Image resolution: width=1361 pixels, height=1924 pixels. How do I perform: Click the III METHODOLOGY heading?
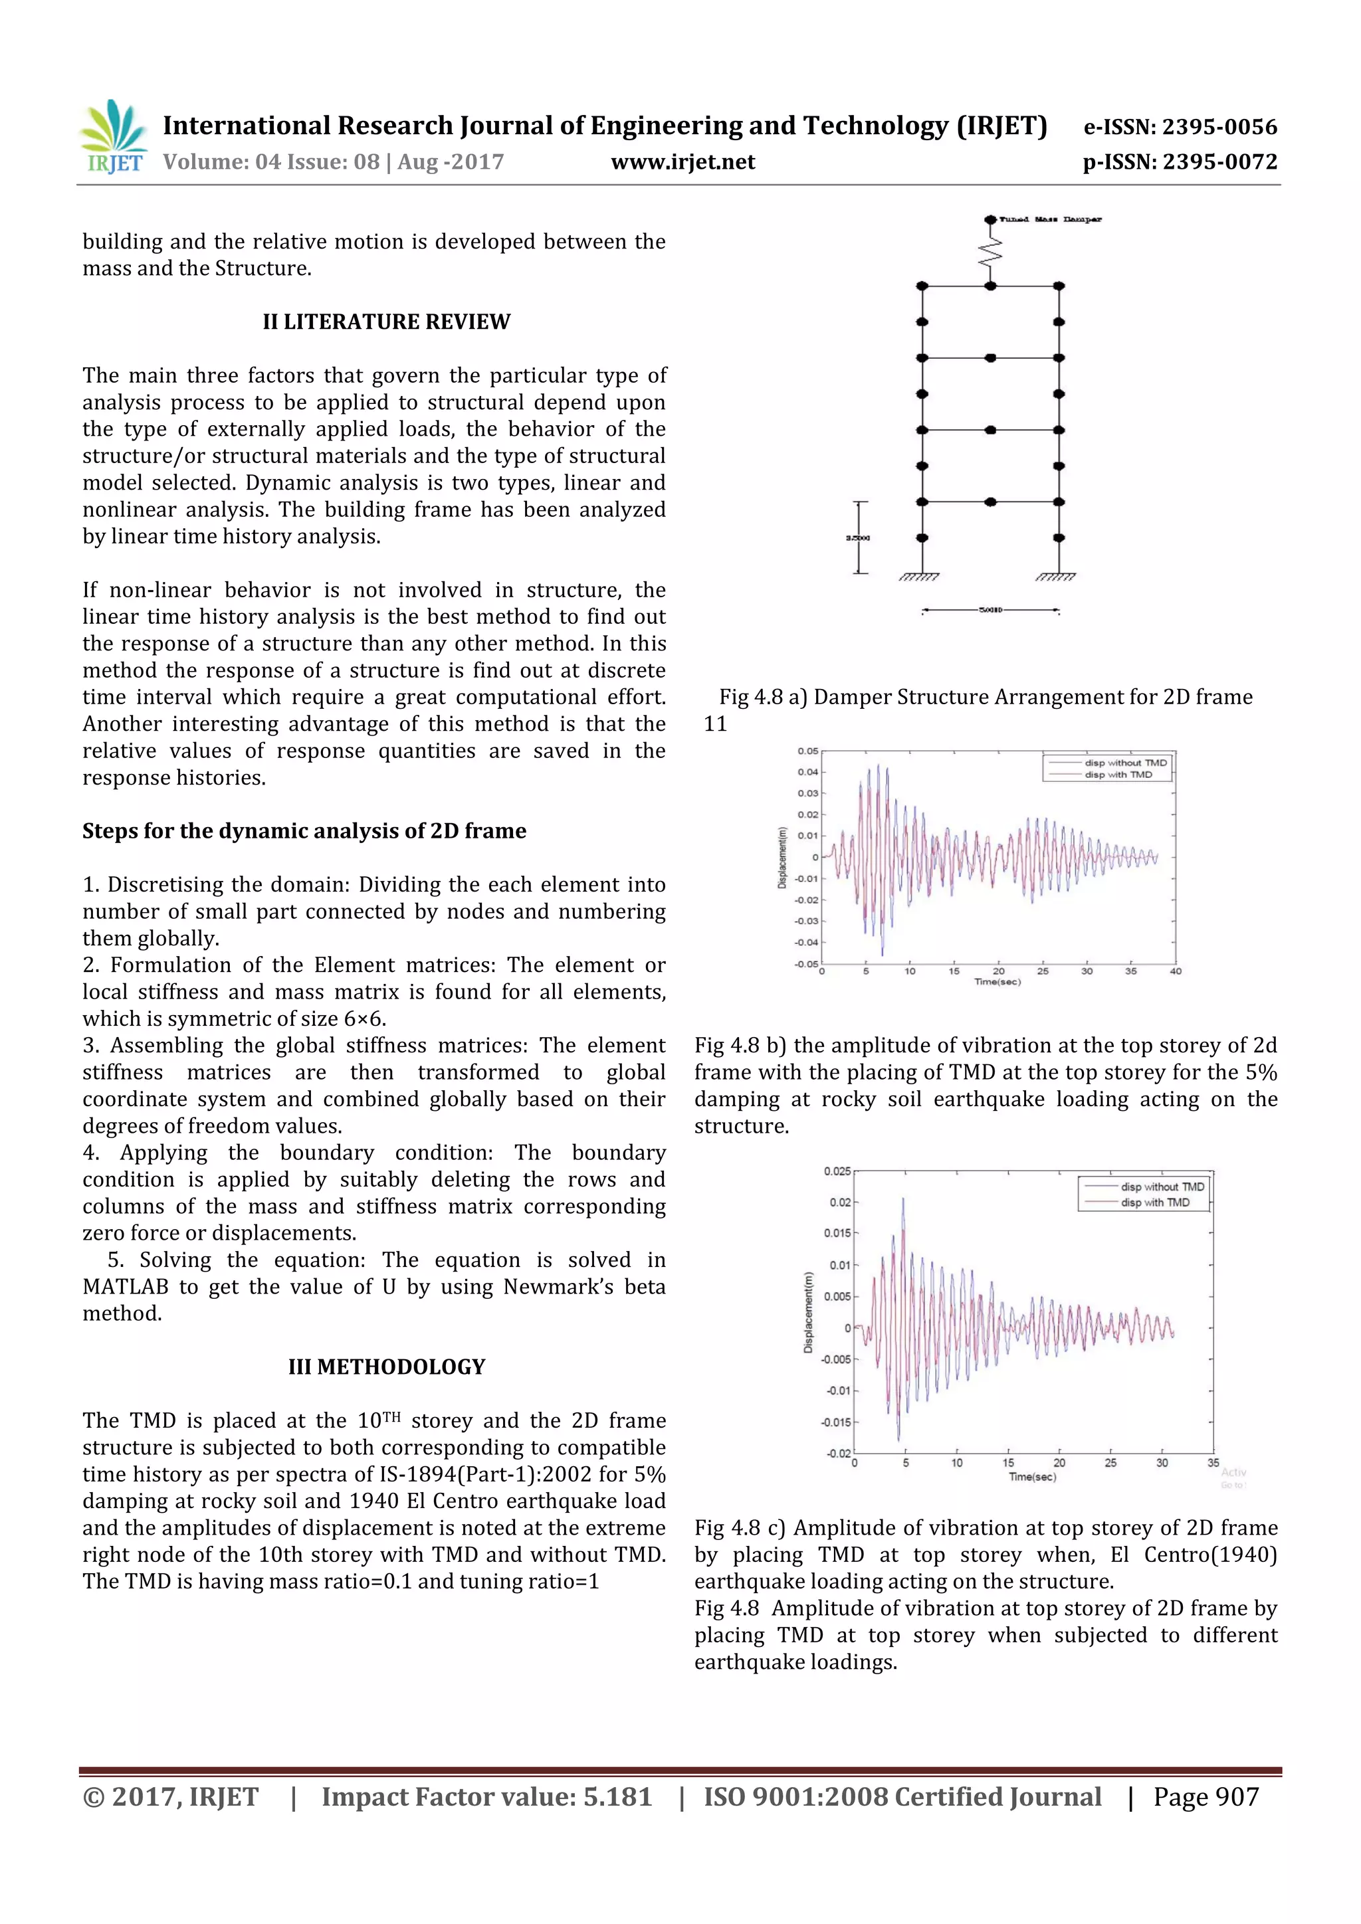click(x=386, y=1367)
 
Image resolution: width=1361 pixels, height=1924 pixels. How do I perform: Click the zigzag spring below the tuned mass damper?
click(x=991, y=251)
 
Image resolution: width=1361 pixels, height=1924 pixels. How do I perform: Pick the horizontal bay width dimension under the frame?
click(x=991, y=610)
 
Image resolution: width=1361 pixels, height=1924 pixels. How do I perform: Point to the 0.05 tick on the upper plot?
click(x=808, y=751)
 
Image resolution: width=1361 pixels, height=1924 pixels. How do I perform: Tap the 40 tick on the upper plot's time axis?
click(x=1175, y=971)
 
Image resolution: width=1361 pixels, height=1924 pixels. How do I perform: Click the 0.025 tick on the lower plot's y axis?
click(x=837, y=1171)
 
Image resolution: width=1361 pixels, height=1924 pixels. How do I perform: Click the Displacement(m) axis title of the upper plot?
click(x=783, y=857)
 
